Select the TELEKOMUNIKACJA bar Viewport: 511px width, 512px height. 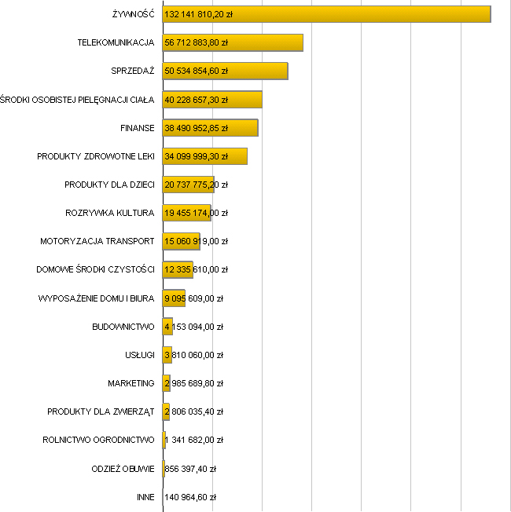pos(267,42)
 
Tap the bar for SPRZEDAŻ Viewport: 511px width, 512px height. pos(259,71)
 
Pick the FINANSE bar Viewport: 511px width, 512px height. pos(244,127)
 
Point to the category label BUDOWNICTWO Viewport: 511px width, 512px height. pos(123,327)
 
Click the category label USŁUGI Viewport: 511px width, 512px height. pos(139,355)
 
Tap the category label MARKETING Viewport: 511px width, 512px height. pos(131,383)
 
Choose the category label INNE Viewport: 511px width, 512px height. pos(145,497)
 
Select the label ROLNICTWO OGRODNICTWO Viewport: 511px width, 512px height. pos(98,440)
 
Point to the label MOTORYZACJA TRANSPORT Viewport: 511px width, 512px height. pos(97,241)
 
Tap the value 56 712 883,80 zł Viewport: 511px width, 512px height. pos(197,42)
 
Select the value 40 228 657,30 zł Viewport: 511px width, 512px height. pos(197,99)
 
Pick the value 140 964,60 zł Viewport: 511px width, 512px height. pos(190,497)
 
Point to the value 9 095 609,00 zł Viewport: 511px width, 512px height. pos(194,298)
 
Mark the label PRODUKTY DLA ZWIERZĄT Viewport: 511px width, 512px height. pos(101,411)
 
